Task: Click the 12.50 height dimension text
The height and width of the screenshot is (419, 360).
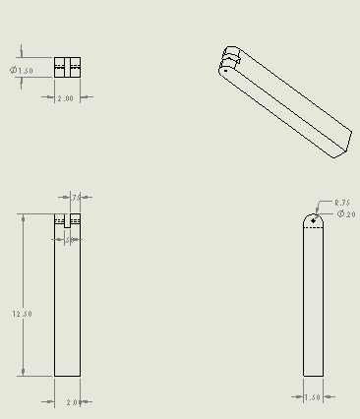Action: click(22, 313)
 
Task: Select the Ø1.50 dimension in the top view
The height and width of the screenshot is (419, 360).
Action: click(23, 71)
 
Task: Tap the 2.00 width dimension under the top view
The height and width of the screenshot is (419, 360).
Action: click(66, 98)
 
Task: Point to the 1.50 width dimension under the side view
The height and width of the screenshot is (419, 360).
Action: click(312, 397)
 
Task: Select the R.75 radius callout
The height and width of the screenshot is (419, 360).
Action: click(341, 202)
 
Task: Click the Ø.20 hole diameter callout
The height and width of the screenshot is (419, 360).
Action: click(346, 213)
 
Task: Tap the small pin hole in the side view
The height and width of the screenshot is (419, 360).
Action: click(313, 220)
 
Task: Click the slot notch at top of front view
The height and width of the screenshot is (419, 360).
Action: click(68, 222)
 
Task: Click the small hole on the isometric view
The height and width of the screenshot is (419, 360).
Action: click(225, 70)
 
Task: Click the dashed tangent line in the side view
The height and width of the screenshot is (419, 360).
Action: click(312, 228)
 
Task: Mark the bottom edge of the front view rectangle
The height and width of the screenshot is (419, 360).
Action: click(68, 375)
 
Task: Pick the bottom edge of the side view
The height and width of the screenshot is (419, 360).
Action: click(312, 375)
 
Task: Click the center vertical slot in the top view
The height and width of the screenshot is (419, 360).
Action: click(68, 67)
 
